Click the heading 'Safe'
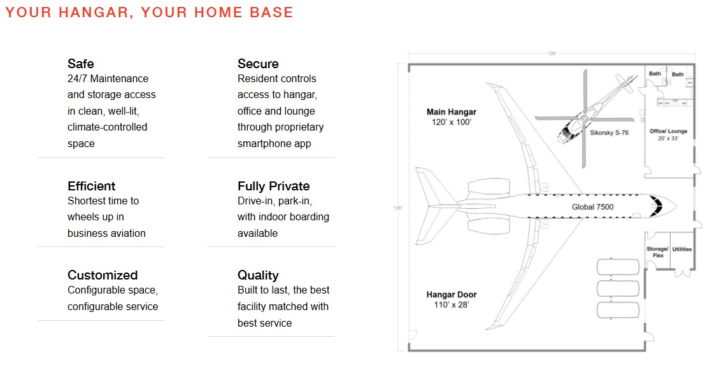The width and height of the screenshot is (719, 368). [x=81, y=64]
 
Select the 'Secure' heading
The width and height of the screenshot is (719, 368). [x=258, y=64]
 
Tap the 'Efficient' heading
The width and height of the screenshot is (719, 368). [x=92, y=186]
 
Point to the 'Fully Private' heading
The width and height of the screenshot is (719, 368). [x=274, y=186]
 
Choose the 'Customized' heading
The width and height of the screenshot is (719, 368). [x=103, y=275]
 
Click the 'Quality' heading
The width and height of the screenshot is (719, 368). [x=258, y=275]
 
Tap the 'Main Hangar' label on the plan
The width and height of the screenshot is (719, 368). [x=452, y=112]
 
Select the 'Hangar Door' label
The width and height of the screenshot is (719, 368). [x=452, y=295]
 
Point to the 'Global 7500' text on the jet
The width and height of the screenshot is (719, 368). [x=592, y=207]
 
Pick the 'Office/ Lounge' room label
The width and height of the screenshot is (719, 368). [x=668, y=131]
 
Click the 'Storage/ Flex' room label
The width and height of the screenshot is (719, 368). [x=658, y=252]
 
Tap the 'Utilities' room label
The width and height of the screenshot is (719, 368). [x=682, y=249]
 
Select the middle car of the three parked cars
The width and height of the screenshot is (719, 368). [x=618, y=288]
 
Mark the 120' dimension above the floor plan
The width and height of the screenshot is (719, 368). [x=552, y=53]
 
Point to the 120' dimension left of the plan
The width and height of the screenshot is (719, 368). [x=398, y=208]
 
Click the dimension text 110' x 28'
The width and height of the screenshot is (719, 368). [x=452, y=304]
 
